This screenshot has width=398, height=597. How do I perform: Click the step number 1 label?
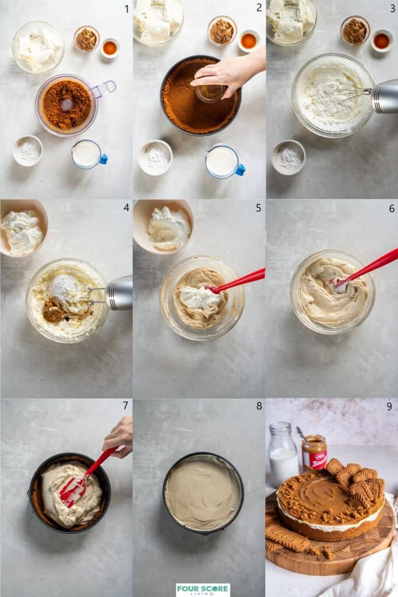click(x=126, y=9)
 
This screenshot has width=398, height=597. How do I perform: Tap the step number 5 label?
click(x=258, y=208)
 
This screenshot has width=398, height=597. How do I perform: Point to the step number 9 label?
click(x=389, y=406)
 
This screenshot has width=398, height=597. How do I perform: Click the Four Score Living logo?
click(x=203, y=589)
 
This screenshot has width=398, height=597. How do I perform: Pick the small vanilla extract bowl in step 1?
click(x=110, y=48)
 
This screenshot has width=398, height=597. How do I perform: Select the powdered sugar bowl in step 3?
click(x=288, y=157)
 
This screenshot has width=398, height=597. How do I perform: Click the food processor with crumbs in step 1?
click(x=66, y=105)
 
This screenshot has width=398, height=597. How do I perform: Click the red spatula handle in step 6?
click(x=373, y=266)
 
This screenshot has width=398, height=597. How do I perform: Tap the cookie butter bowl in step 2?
click(x=221, y=31)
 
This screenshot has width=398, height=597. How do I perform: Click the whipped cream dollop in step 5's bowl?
click(x=200, y=297)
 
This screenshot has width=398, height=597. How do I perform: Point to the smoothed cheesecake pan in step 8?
click(x=203, y=493)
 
